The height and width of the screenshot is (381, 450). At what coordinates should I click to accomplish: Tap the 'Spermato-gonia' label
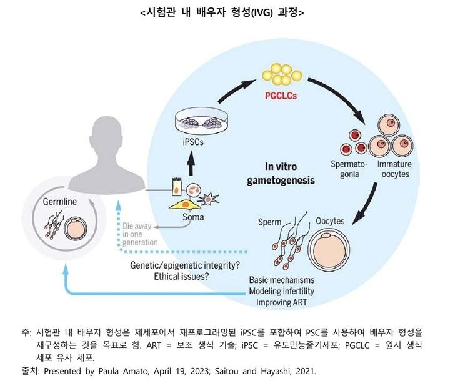[343, 168]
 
